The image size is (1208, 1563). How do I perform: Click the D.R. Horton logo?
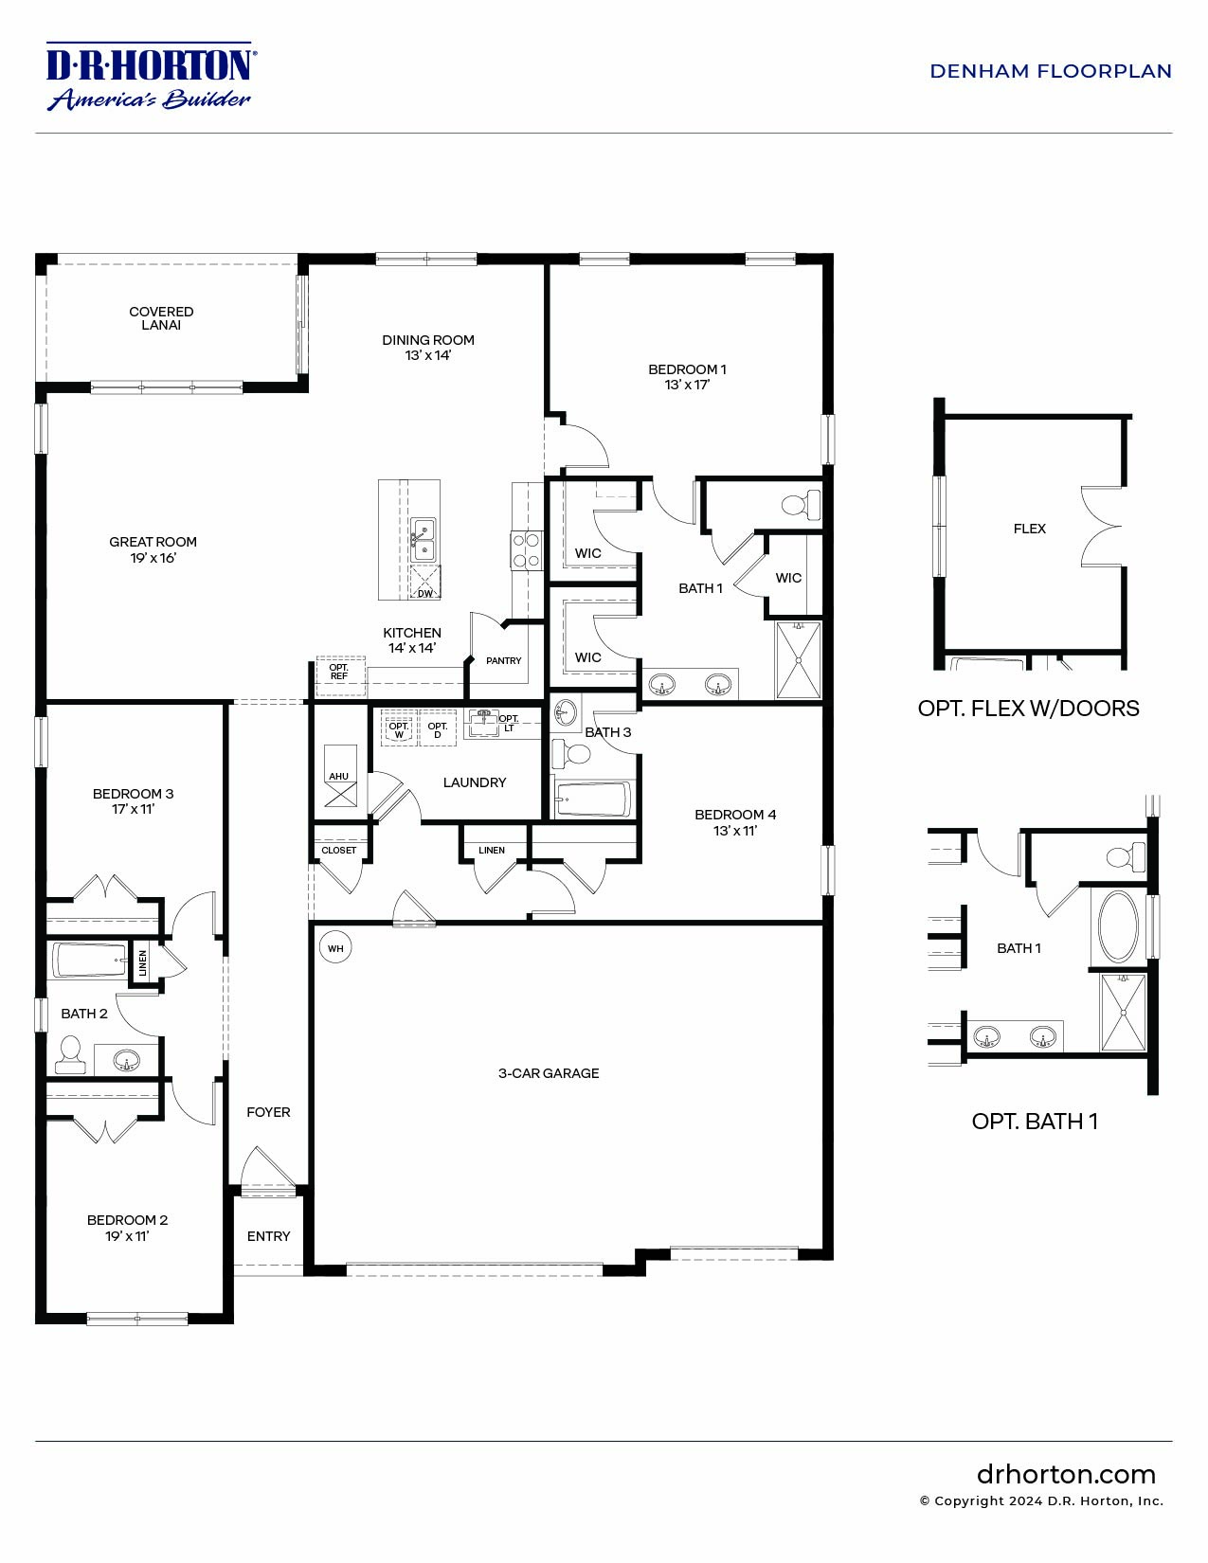click(149, 76)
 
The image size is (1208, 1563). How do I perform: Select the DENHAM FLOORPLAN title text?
click(1050, 71)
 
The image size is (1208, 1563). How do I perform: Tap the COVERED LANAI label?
click(161, 318)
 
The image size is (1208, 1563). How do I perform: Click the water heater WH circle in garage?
click(335, 948)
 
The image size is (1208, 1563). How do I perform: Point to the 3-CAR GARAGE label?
click(549, 1073)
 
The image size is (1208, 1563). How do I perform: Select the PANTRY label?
click(503, 660)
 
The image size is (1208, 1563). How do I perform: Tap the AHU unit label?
click(338, 776)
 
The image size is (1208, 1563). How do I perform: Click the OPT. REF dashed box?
click(339, 671)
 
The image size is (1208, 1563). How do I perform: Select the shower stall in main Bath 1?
click(798, 660)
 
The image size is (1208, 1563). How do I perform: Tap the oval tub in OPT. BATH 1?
click(1118, 925)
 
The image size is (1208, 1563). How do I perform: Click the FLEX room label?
click(1029, 529)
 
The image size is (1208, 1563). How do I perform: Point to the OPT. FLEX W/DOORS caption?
click(1028, 709)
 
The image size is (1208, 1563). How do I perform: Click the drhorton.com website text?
click(1066, 1475)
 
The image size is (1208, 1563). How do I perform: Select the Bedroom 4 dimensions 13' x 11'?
click(735, 831)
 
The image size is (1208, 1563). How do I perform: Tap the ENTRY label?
click(268, 1236)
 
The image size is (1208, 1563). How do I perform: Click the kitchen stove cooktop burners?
click(527, 550)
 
